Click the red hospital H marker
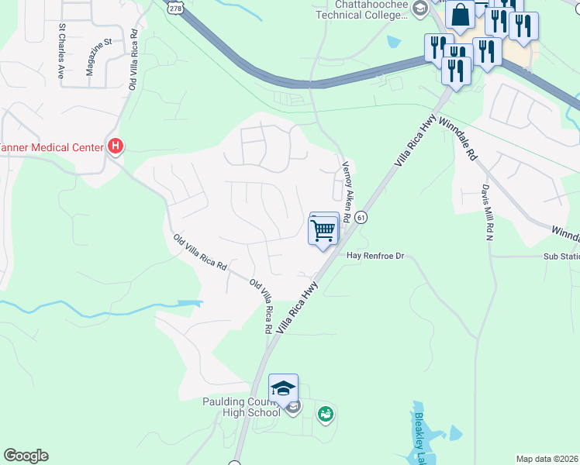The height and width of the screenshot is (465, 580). (x=116, y=145)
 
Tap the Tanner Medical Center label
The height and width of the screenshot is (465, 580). (x=51, y=147)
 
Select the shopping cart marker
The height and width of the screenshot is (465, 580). (x=323, y=229)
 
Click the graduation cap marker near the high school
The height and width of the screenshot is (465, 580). (x=283, y=389)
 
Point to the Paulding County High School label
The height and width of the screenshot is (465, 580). (x=241, y=407)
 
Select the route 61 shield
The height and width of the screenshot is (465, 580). (x=361, y=219)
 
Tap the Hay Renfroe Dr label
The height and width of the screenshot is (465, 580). (x=376, y=255)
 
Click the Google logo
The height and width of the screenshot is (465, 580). (x=26, y=456)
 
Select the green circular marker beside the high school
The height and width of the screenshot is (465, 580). (x=326, y=415)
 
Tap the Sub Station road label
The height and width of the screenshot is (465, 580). (x=561, y=256)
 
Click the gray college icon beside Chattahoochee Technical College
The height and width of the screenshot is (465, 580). (x=420, y=9)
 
